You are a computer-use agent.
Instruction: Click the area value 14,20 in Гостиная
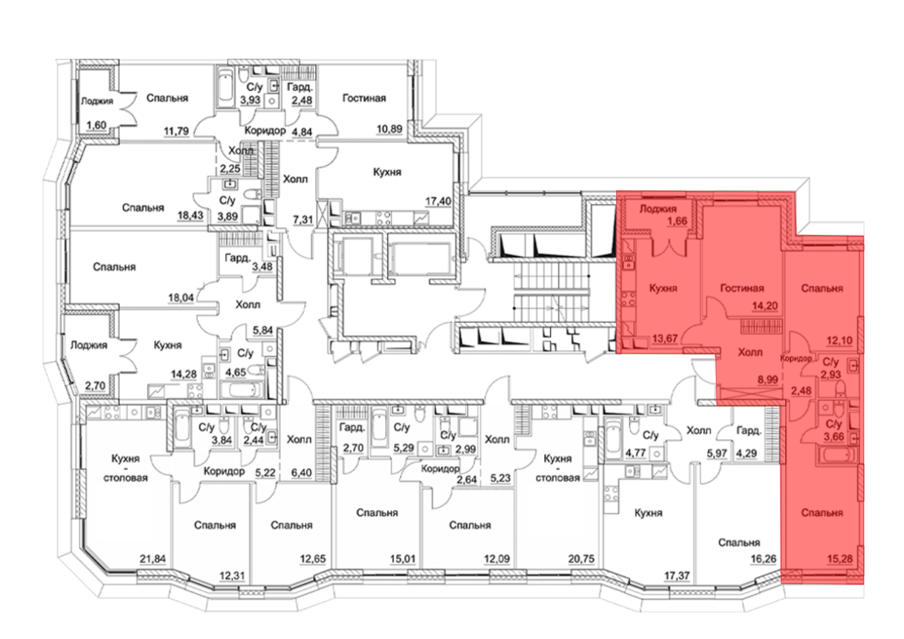click(x=765, y=306)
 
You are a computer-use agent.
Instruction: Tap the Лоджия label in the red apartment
click(x=658, y=209)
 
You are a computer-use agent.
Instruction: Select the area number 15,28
click(x=840, y=559)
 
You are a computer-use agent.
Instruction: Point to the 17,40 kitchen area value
click(x=438, y=201)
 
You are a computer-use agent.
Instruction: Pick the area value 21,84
click(x=152, y=559)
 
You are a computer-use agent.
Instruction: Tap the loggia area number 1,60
click(x=96, y=125)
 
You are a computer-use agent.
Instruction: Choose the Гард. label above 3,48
click(x=237, y=258)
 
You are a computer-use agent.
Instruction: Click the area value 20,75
click(x=581, y=559)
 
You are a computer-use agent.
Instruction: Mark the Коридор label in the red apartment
click(x=796, y=358)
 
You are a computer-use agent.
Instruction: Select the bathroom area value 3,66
click(x=834, y=437)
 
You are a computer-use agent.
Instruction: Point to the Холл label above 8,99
click(x=750, y=352)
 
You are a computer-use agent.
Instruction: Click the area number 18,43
click(x=190, y=215)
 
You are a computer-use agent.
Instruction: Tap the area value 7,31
click(x=303, y=220)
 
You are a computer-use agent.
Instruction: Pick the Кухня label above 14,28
click(x=167, y=345)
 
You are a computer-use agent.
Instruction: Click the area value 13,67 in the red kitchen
click(x=664, y=338)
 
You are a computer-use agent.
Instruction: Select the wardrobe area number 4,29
click(x=746, y=453)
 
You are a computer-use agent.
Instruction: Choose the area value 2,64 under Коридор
click(x=466, y=479)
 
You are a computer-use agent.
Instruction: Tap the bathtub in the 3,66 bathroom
click(x=837, y=455)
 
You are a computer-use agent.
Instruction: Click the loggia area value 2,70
click(x=95, y=386)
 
